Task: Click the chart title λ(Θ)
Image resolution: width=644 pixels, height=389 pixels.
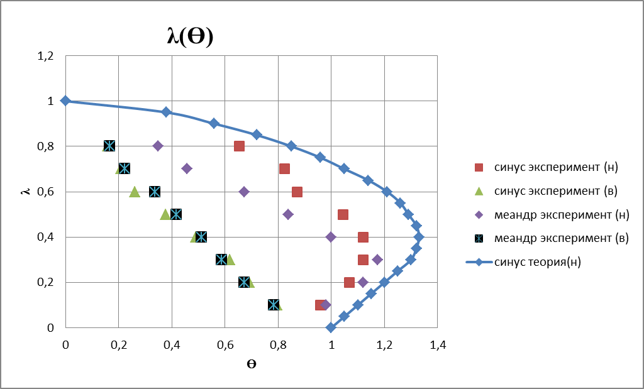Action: tap(190, 37)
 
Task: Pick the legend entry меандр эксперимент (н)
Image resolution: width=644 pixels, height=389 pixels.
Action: tap(553, 215)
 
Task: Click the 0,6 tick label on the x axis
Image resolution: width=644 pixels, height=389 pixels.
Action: tap(225, 344)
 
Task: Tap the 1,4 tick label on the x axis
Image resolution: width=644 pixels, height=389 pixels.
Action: tap(438, 344)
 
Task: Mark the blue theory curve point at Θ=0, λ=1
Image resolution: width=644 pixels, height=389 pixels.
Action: tap(65, 101)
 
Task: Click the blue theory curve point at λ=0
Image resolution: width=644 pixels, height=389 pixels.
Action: tap(331, 327)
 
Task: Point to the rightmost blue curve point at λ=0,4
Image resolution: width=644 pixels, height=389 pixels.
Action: tap(419, 237)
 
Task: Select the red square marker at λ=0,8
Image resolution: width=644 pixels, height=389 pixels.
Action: tap(239, 146)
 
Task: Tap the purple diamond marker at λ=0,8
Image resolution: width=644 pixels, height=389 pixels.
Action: tap(158, 146)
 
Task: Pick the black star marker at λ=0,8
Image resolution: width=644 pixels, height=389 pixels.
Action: tap(109, 146)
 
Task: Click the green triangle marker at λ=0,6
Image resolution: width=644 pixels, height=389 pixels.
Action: tap(134, 191)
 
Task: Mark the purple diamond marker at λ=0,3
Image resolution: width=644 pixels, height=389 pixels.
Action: tap(377, 260)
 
